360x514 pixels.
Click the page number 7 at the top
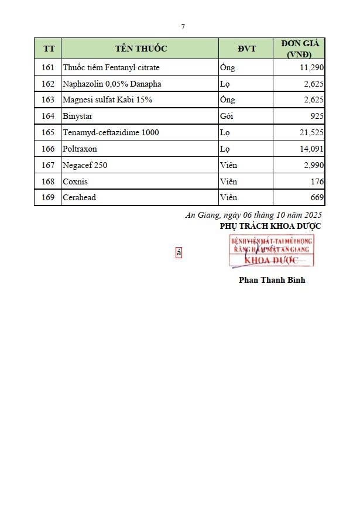[183, 26]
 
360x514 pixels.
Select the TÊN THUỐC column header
[141, 49]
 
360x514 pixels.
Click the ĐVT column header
[246, 49]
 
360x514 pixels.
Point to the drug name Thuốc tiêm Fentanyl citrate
[111, 67]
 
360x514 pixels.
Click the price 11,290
[311, 67]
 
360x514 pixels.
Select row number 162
[48, 84]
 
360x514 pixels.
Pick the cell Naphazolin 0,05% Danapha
[112, 84]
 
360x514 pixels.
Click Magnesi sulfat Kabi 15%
[107, 100]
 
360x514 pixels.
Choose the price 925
[317, 116]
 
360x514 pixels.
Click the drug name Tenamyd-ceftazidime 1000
[111, 132]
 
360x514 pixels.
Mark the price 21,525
[311, 132]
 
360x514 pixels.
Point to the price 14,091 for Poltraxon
[311, 149]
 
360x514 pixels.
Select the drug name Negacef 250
[85, 165]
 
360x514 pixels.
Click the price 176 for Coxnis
[318, 181]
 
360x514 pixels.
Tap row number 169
[48, 197]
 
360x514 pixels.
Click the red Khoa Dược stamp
[271, 251]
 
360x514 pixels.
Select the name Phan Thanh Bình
[272, 280]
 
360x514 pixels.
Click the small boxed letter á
[179, 253]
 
